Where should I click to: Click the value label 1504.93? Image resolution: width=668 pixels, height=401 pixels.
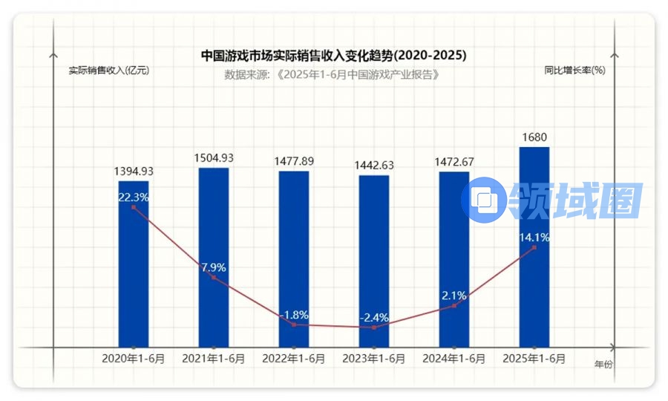[214, 158]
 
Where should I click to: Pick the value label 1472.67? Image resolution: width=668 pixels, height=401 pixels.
[454, 162]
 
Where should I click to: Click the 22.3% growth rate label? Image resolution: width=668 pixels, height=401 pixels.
[134, 198]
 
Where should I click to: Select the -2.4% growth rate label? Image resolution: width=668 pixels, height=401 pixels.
[374, 318]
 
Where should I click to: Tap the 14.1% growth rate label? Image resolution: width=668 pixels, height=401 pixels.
[534, 238]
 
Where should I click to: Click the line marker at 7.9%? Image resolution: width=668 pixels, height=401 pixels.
[214, 278]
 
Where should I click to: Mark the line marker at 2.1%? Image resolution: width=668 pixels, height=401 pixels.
[454, 305]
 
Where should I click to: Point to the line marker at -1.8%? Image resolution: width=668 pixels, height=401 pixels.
[294, 325]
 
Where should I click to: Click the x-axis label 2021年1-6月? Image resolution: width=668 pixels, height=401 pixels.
[214, 359]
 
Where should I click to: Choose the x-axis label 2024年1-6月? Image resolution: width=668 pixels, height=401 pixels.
[454, 359]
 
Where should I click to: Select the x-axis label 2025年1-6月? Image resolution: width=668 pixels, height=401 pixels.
[534, 359]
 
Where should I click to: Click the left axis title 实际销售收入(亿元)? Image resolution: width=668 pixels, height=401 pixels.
[109, 71]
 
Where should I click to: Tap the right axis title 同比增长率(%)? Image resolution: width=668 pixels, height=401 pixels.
[574, 71]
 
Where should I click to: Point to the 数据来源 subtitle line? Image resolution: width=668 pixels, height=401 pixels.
[334, 75]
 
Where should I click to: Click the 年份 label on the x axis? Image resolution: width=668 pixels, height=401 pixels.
[604, 365]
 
